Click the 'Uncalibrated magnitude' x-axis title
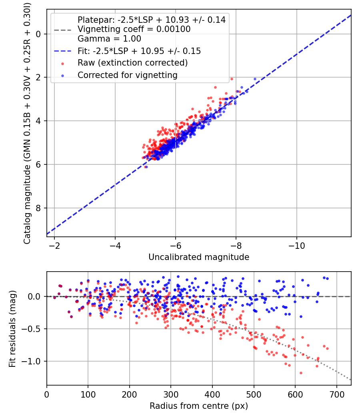(x=199, y=257)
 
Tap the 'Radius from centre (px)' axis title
(x=199, y=406)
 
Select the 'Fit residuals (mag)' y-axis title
(x=12, y=328)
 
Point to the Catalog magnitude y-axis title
(x=27, y=124)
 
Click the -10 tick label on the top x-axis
(x=296, y=246)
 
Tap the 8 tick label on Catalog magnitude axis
(x=38, y=208)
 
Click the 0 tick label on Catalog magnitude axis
(x=38, y=34)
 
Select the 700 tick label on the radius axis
(x=336, y=394)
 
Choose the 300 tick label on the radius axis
(x=171, y=394)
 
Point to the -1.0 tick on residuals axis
(x=31, y=361)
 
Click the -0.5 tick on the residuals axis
(x=31, y=329)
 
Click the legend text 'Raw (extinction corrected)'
(x=132, y=63)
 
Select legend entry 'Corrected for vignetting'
(x=128, y=75)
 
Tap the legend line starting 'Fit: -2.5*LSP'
(x=139, y=51)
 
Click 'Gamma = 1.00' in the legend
(x=109, y=39)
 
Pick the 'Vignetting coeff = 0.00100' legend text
(x=134, y=29)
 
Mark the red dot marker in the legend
(x=63, y=64)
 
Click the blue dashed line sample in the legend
(x=63, y=51)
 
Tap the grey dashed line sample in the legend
(x=63, y=30)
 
